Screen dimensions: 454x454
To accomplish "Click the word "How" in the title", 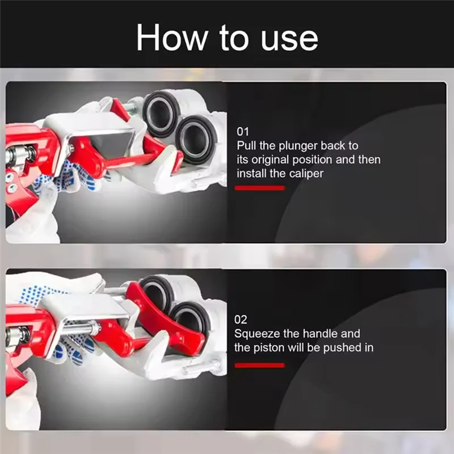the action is point(172,37).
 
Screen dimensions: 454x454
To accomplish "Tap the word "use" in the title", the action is point(289,40).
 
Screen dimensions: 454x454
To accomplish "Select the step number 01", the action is point(243,132).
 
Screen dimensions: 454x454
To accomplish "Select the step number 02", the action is point(240,320).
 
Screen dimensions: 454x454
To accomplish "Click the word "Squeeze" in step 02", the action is point(257,334).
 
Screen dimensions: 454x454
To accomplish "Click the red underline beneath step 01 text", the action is point(260,188).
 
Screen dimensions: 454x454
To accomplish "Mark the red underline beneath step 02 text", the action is point(260,365).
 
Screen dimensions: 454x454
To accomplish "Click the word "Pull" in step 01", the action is point(247,146).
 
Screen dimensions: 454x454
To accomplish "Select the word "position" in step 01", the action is point(312,160).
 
